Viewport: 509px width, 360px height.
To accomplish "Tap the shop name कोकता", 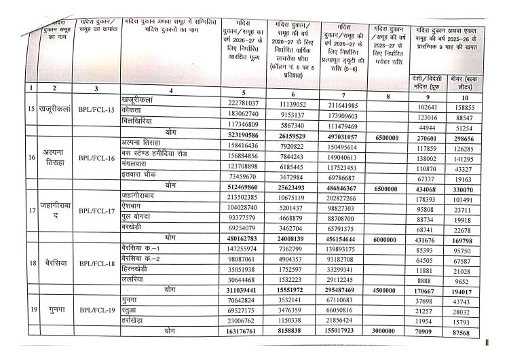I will point(136,109).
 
